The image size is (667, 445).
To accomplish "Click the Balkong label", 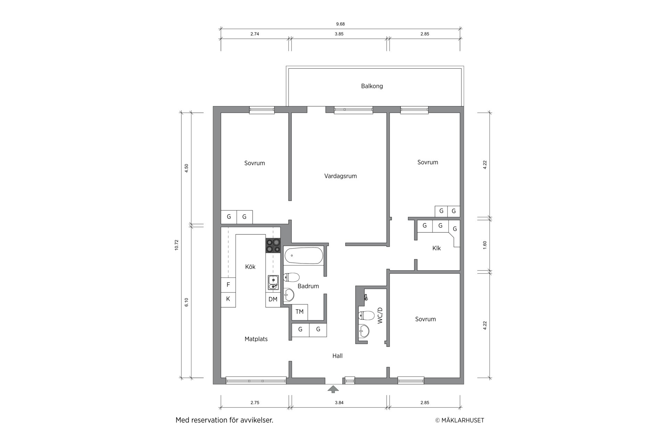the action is [372, 86].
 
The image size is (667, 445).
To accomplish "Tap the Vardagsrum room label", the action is [340, 176].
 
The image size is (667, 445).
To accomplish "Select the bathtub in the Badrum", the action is [304, 256].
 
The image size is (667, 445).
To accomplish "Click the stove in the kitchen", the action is [273, 245].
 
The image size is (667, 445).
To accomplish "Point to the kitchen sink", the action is [273, 282].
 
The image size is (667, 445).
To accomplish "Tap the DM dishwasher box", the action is [273, 299].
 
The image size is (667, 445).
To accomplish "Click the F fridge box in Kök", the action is [228, 285].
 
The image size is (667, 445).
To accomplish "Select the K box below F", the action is [228, 299].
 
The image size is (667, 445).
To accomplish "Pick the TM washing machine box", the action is [299, 312].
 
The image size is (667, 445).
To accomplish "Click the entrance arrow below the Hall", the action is [333, 389].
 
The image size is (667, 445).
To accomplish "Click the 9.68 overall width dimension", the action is [340, 24].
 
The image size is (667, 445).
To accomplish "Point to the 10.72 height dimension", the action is [176, 245].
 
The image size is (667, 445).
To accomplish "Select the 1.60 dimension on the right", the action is [485, 245].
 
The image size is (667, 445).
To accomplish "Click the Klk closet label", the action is [437, 248].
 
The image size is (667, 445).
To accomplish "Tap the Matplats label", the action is [256, 339].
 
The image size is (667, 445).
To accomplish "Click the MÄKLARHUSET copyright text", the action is [460, 420].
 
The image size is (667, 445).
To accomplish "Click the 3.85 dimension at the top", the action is [339, 34].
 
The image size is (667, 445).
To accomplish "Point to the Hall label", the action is [337, 356].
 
